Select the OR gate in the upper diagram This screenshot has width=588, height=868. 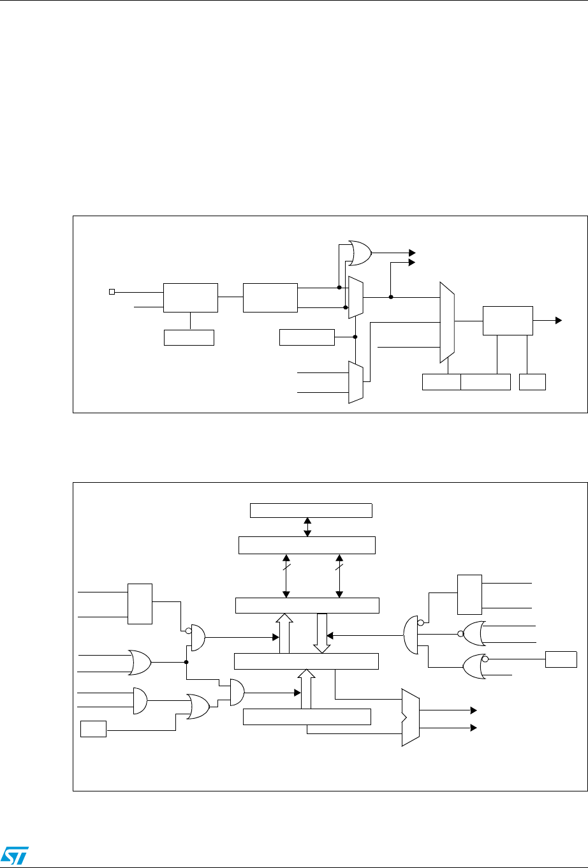point(360,253)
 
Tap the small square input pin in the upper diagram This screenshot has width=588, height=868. point(111,291)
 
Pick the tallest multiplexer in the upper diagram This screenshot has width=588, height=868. point(447,322)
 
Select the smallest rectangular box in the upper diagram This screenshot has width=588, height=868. point(533,382)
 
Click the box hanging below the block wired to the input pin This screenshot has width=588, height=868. point(189,337)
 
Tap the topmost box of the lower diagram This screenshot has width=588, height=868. point(310,511)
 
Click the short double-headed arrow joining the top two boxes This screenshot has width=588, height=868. point(307,528)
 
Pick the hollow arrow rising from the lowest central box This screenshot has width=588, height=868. point(307,688)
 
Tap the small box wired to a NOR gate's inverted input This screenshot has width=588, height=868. point(561,661)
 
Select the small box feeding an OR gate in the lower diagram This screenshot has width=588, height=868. point(93,728)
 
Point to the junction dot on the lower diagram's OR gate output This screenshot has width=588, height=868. point(186,662)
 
